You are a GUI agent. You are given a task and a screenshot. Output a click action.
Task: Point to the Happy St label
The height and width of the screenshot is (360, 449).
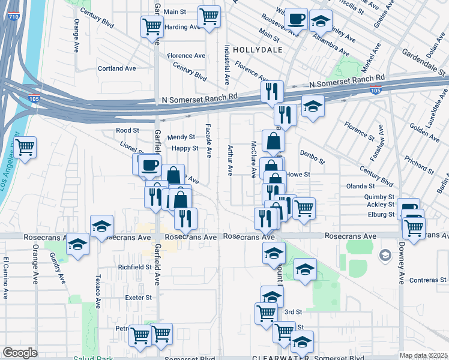point(185,148)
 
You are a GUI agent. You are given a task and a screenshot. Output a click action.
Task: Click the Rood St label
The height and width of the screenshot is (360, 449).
point(127,130)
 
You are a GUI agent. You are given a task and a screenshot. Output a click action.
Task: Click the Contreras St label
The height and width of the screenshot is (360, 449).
point(429,280)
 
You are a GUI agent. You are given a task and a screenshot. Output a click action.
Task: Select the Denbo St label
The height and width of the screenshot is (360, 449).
point(312,157)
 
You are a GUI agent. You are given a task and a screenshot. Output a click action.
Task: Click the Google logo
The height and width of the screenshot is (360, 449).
point(20,353)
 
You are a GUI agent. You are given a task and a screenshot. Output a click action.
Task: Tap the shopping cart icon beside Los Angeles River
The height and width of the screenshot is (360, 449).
point(25,146)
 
